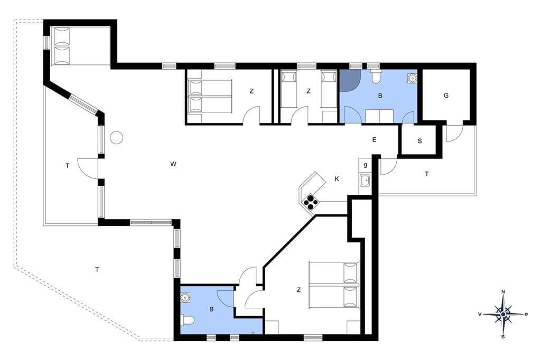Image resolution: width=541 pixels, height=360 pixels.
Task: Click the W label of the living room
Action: pos(173,164)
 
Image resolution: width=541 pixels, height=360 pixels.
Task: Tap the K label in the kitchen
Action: pos(337,178)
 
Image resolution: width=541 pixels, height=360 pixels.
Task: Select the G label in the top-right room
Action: pos(446,96)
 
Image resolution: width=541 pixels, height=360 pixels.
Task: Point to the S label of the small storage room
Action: pos(419,141)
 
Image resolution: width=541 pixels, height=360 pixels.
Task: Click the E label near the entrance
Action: pos(374,140)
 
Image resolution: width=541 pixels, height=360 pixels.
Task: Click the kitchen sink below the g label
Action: pos(365,179)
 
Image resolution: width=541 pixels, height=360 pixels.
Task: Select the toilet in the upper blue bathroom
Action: pos(376,76)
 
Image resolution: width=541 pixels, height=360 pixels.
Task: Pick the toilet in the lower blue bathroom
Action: pos(188,321)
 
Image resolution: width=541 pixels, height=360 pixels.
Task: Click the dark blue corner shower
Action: pos(350,80)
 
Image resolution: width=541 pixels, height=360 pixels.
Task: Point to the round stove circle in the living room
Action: pos(116,138)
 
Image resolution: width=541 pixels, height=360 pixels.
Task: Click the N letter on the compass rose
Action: pos(503,292)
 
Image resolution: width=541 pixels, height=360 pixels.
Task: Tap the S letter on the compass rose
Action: pos(503,337)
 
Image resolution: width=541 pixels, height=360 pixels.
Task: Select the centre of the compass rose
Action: pos(503,314)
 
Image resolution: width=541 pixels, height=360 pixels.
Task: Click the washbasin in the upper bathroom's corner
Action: pos(412,78)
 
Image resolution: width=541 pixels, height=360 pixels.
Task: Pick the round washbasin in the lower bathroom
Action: pos(186,297)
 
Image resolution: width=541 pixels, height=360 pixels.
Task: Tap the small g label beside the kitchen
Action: pos(365,165)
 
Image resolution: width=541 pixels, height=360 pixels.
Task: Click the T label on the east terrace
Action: pos(427,174)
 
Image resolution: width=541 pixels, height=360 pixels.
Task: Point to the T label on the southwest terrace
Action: pos(97,270)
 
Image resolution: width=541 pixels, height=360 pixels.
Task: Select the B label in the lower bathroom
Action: pos(211,309)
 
